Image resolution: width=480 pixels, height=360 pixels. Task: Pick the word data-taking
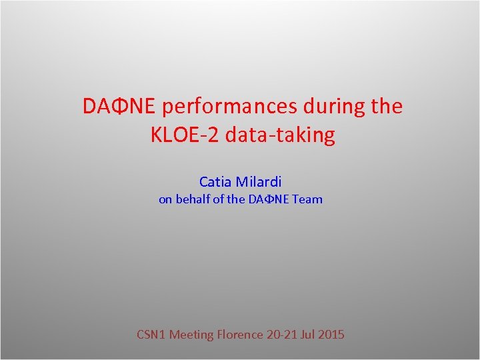(x=280, y=135)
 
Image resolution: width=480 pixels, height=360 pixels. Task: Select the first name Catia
(x=215, y=181)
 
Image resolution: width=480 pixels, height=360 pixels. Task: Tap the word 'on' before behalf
(x=165, y=199)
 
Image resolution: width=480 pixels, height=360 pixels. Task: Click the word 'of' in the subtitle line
(x=219, y=199)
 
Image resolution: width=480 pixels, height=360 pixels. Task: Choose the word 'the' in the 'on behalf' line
(x=236, y=199)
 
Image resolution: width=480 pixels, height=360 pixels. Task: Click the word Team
(x=307, y=199)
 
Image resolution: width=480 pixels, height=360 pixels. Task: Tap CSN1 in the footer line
(x=151, y=335)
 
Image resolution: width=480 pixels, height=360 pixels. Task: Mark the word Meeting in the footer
(x=191, y=335)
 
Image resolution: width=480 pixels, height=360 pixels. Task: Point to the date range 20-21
(x=283, y=335)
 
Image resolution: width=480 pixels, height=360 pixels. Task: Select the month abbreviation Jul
(x=311, y=335)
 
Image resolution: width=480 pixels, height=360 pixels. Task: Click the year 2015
(x=333, y=335)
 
